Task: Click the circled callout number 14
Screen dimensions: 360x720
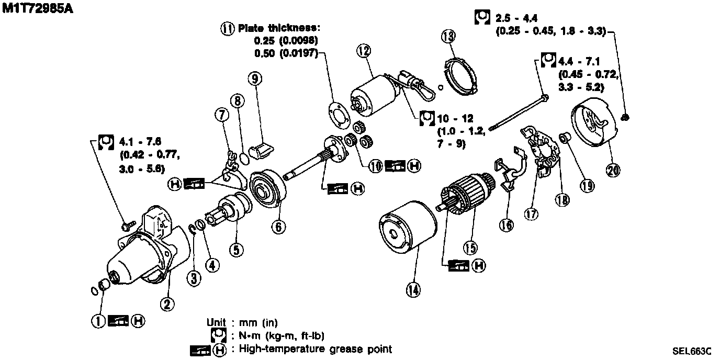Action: point(414,289)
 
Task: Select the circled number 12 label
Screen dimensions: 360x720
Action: point(364,51)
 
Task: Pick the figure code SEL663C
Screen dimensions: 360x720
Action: point(692,350)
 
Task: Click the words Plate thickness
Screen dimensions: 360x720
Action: point(278,28)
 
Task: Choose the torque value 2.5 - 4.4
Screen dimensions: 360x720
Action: point(515,19)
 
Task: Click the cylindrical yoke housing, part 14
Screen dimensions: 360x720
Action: point(408,230)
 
